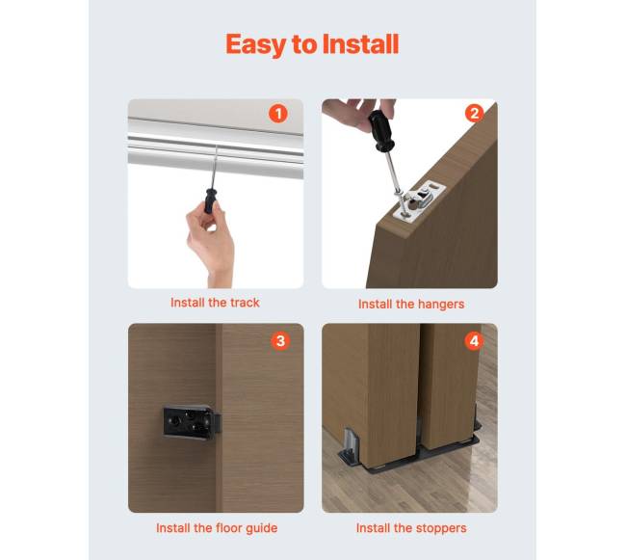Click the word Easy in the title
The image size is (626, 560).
(256, 44)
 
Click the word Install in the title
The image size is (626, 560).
(360, 43)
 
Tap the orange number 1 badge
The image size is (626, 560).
(278, 114)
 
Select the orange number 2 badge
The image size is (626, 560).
(474, 114)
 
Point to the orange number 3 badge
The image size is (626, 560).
(280, 340)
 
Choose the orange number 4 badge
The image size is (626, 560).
(474, 341)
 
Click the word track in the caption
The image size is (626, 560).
(245, 303)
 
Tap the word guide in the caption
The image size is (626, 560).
(262, 528)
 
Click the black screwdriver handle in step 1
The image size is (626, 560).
(210, 200)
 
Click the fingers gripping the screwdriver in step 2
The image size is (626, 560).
(358, 113)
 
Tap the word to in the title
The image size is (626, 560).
(304, 45)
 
